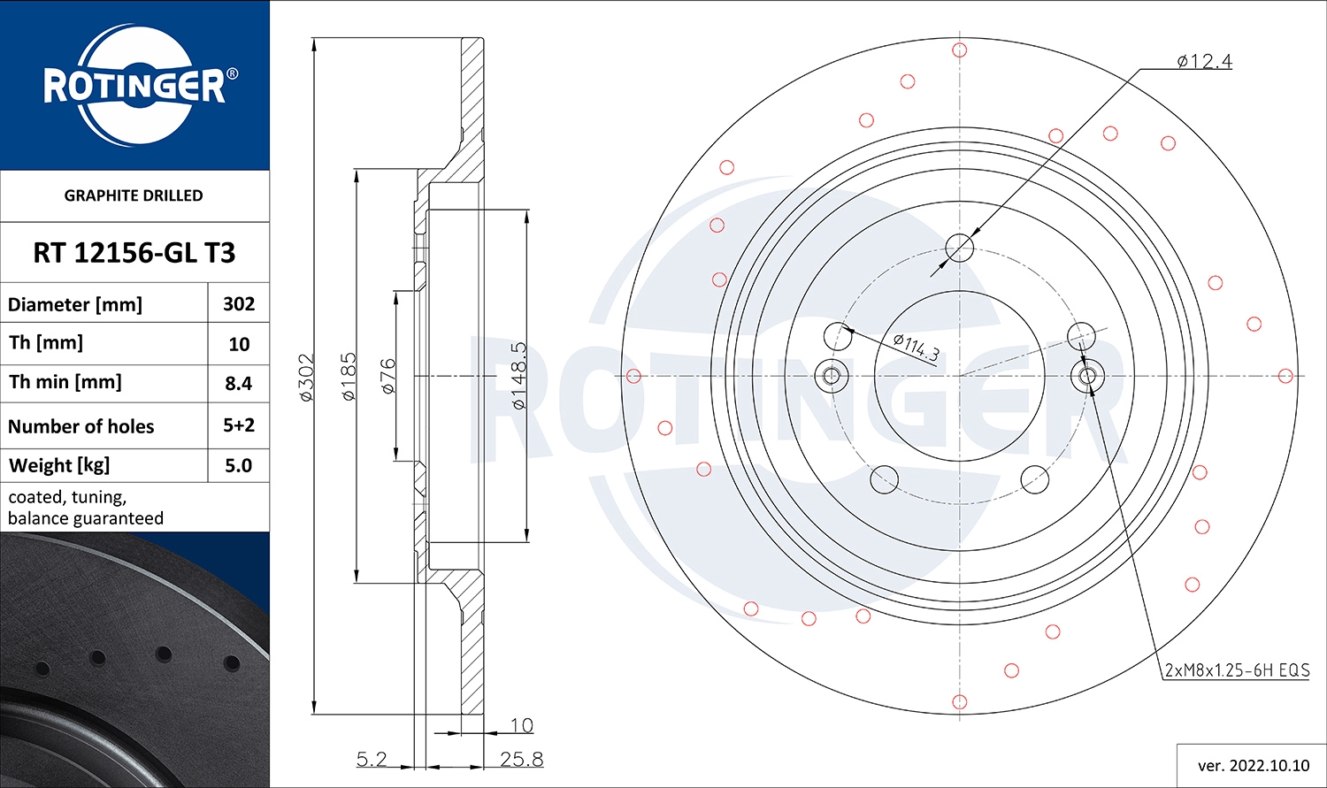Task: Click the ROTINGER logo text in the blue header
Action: [x=134, y=87]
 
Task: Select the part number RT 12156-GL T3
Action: [x=134, y=253]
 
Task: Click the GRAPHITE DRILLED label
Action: [x=134, y=195]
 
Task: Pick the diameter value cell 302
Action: [x=239, y=304]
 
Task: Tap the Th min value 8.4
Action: [x=239, y=384]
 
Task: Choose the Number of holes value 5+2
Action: [x=239, y=425]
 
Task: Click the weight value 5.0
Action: [x=239, y=465]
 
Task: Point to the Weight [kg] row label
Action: [x=59, y=465]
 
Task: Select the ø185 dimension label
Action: [x=349, y=377]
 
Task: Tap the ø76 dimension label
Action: [x=387, y=376]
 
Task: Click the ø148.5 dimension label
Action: [x=519, y=376]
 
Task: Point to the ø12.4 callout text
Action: [x=1204, y=61]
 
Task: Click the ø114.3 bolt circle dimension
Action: [x=916, y=347]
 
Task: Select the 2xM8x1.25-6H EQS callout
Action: [x=1237, y=670]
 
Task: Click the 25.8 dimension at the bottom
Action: [x=521, y=759]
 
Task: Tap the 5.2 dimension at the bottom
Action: [x=372, y=759]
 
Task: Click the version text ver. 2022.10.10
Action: [x=1253, y=765]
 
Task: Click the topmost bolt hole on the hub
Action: [x=960, y=249]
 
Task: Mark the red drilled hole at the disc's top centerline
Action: [x=960, y=50]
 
